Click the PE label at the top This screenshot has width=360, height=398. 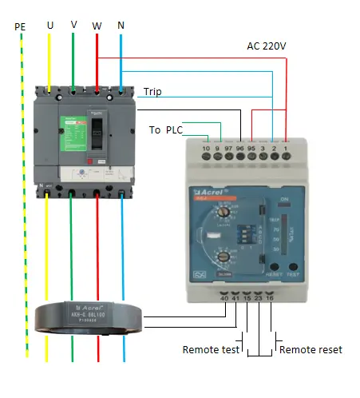[20, 26]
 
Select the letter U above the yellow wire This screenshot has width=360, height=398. [50, 25]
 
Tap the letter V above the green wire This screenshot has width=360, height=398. [73, 24]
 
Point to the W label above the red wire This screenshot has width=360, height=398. [97, 26]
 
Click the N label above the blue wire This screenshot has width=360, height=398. [121, 26]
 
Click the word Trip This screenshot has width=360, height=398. [152, 92]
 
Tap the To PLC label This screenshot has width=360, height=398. [167, 129]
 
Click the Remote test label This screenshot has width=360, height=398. [210, 350]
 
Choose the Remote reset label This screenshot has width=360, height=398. [310, 350]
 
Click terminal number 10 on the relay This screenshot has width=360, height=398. [206, 149]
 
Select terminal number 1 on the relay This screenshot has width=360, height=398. [285, 149]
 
